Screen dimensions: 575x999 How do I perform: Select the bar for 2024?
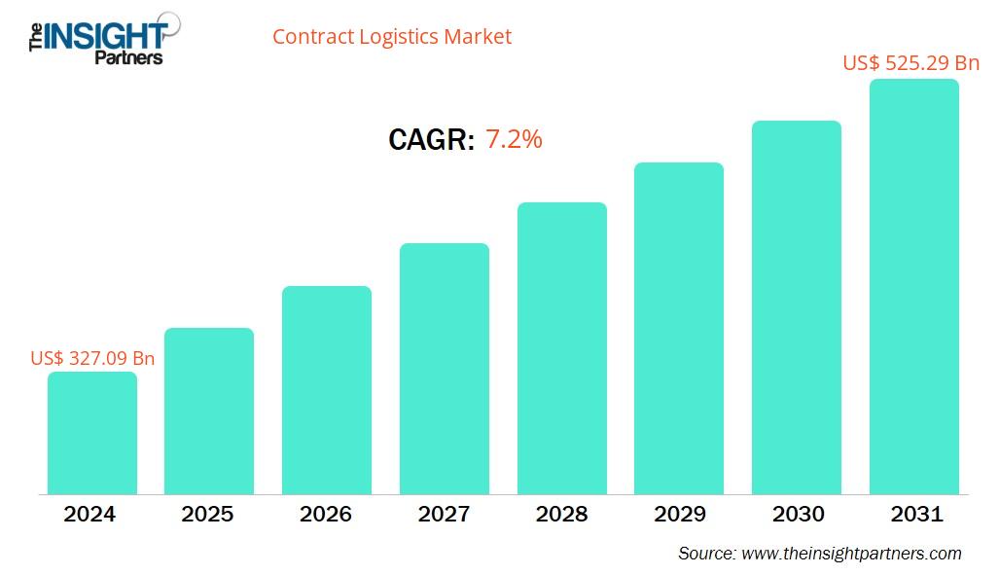92,433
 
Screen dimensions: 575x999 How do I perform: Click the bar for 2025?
209,411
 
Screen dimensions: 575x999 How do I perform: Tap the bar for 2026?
327,390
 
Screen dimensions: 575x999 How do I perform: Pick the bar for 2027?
445,369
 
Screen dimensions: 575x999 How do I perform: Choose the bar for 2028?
561,348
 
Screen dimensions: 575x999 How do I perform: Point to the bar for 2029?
679,328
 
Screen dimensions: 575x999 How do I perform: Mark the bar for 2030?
797,307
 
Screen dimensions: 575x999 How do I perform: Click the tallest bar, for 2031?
913,287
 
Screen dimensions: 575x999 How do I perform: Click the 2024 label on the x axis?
89,514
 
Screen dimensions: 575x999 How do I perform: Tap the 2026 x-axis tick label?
326,514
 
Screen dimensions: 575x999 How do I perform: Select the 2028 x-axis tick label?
561,514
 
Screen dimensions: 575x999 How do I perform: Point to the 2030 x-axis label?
797,514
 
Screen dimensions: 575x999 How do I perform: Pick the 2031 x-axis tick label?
915,514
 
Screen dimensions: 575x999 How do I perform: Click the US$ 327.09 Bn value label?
92,358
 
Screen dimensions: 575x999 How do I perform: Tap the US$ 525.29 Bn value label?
910,63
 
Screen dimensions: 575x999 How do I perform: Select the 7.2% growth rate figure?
514,139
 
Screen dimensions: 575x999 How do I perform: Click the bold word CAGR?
431,140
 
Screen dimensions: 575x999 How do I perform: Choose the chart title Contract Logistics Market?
391,37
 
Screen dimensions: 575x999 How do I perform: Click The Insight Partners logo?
97,38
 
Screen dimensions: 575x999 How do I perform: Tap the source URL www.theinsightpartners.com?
851,554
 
